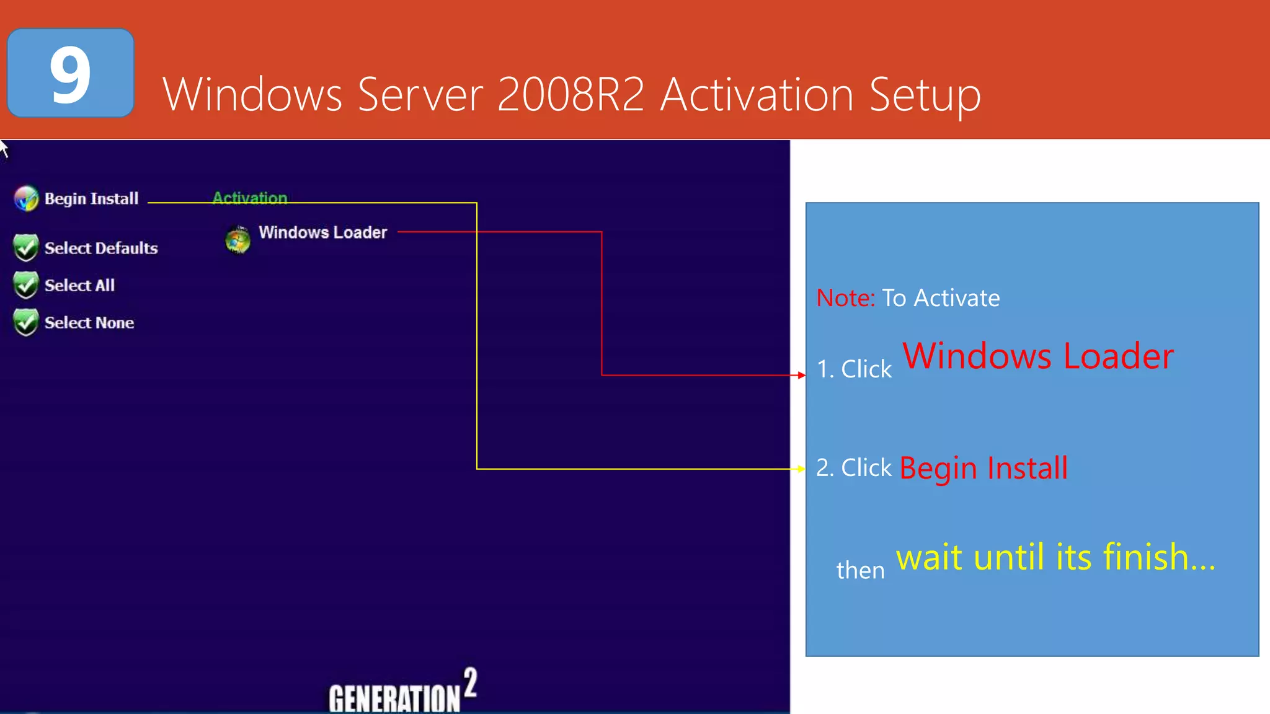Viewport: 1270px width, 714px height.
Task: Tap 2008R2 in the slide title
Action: point(571,95)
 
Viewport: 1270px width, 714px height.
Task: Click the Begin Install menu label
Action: point(91,198)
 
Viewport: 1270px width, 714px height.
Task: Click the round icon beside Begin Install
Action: point(26,198)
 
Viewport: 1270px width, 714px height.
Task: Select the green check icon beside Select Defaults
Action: point(26,248)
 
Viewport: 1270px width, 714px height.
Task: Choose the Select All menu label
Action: point(79,285)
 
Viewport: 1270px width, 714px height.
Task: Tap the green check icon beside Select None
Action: point(26,322)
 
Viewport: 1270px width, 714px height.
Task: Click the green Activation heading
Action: point(250,198)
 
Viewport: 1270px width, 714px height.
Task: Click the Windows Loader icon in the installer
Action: point(238,240)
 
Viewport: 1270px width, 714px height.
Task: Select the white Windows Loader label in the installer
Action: point(322,232)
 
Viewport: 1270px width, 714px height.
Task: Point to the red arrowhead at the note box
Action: point(802,375)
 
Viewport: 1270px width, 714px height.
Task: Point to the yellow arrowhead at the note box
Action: point(802,469)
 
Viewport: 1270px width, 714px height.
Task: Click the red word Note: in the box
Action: point(845,298)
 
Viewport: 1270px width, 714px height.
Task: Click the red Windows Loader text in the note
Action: point(1037,356)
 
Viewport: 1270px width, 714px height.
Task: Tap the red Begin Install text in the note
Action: point(984,468)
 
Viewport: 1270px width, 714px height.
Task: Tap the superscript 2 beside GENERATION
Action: point(471,682)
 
